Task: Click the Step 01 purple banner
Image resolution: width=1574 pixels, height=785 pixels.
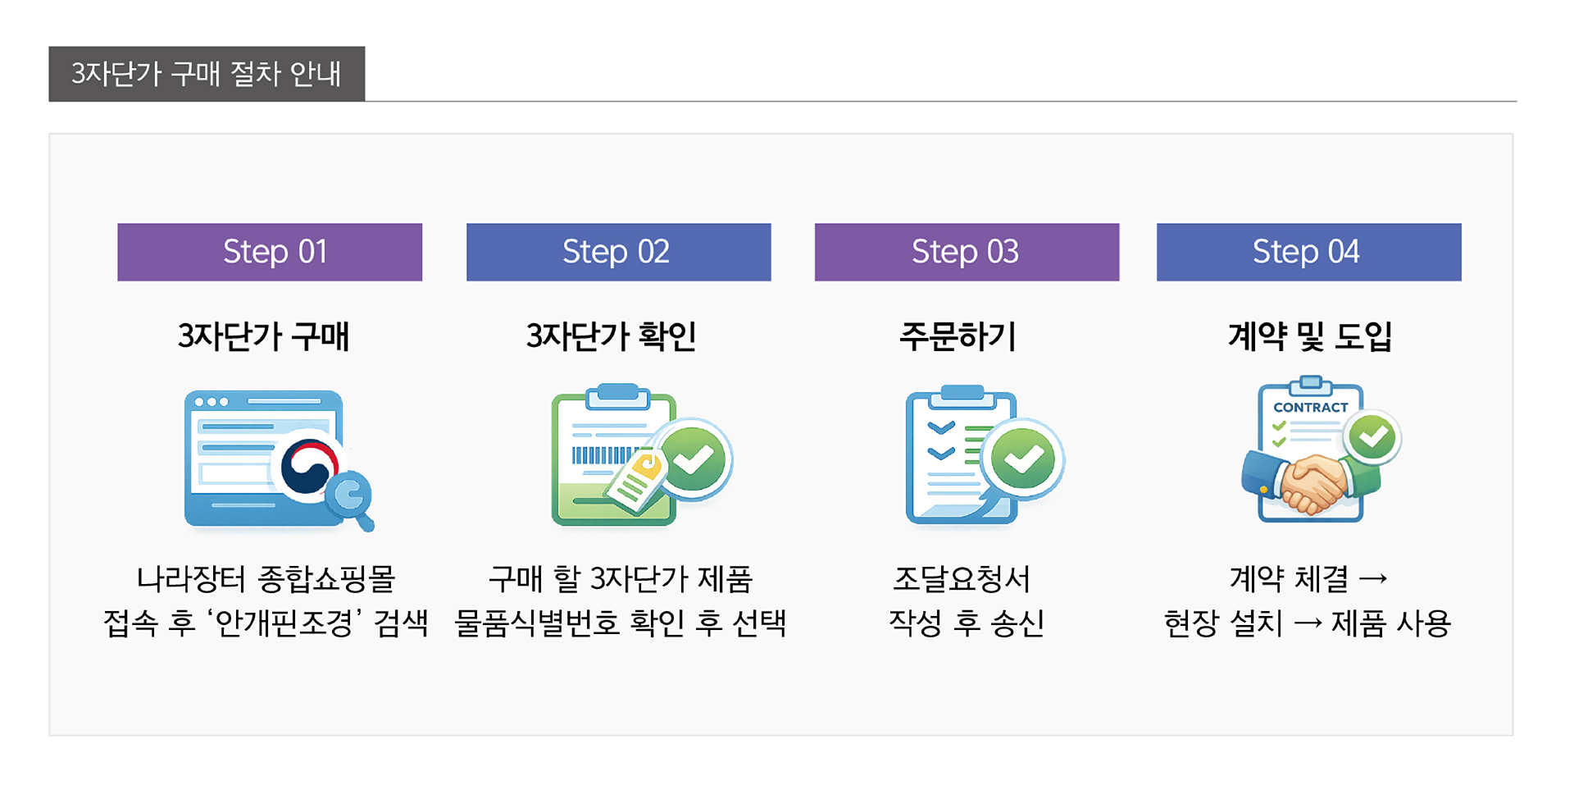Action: [x=270, y=252]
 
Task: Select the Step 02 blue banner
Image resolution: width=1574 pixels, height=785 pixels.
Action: [x=618, y=252]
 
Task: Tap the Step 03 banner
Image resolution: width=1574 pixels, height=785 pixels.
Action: [x=967, y=252]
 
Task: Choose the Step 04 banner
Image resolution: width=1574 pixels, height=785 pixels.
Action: [x=1308, y=252]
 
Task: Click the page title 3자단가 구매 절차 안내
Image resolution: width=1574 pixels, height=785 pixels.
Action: [x=207, y=74]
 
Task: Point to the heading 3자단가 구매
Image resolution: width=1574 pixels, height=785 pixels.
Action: [x=263, y=336]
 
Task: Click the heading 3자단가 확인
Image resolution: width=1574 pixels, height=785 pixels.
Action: [x=612, y=336]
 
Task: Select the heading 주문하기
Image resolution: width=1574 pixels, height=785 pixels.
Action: [x=958, y=336]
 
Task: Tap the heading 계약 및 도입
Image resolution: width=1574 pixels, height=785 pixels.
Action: [x=1309, y=336]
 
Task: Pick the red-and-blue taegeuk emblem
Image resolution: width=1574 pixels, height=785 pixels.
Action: [x=309, y=466]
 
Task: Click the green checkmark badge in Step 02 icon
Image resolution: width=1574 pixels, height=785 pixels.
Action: [x=694, y=459]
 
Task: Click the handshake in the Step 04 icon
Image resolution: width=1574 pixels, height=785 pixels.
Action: [x=1312, y=484]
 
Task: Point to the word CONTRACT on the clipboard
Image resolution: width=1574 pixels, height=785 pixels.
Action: [x=1310, y=407]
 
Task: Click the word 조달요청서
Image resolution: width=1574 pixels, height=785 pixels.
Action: [x=961, y=579]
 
